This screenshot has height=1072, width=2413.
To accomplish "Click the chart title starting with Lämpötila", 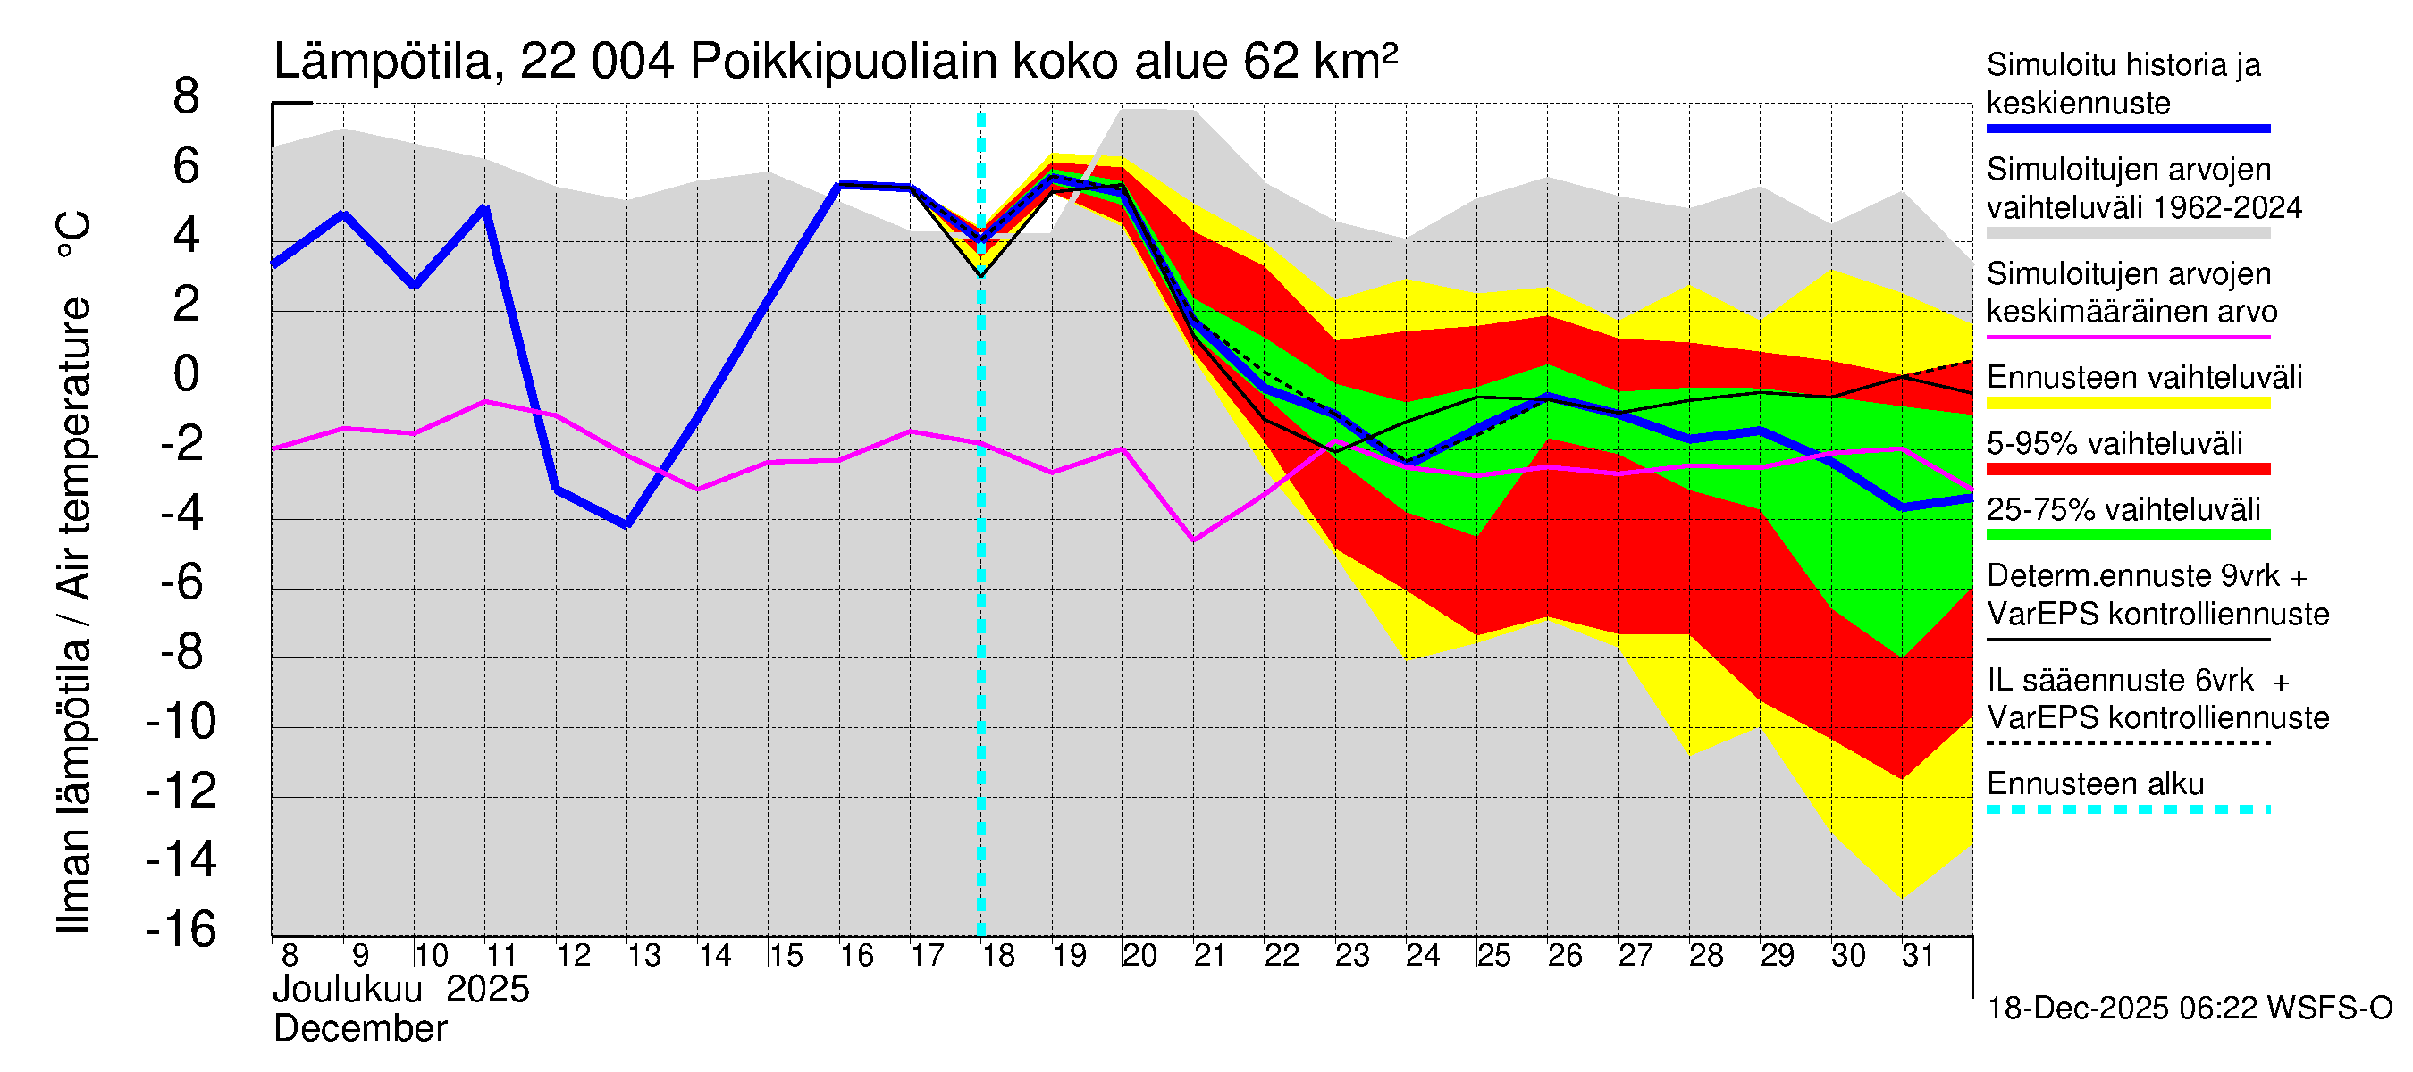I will click(835, 63).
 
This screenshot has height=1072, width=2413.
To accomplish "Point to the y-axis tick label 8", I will click(187, 96).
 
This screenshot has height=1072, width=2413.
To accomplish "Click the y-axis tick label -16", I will click(181, 930).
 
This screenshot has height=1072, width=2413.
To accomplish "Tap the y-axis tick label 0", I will click(187, 374).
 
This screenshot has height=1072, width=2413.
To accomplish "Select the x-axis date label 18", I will click(998, 956).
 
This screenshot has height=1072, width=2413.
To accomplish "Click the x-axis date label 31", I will click(1918, 956).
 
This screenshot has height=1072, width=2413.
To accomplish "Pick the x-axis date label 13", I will click(643, 956).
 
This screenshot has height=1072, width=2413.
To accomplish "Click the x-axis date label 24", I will click(1422, 956).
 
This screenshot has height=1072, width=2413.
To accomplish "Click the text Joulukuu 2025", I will click(401, 990).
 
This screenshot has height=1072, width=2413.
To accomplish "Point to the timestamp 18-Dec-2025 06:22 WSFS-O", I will click(2189, 1009).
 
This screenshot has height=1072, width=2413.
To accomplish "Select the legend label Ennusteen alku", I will click(2096, 783).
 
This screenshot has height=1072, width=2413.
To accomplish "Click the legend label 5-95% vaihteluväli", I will click(2115, 443).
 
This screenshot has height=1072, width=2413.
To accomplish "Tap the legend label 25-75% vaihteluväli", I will click(2123, 509).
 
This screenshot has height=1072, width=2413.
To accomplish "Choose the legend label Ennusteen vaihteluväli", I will click(2144, 377).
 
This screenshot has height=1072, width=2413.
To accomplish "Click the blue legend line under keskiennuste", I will click(2127, 129).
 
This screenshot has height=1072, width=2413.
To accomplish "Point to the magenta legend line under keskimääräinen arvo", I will click(2127, 336).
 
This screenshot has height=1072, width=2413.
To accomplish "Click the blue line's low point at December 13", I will click(626, 525).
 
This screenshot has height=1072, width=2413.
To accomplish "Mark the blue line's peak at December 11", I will click(485, 208).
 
